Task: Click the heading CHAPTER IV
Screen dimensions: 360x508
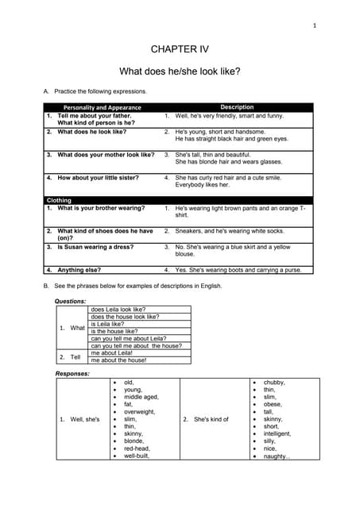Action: (179, 49)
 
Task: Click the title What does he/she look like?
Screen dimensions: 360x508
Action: (180, 71)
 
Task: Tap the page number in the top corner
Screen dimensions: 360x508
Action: (315, 26)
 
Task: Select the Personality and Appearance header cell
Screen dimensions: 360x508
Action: (102, 107)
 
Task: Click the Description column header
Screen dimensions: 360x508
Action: (237, 107)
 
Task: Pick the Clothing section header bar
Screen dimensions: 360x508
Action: (60, 201)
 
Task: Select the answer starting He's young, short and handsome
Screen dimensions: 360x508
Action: (220, 132)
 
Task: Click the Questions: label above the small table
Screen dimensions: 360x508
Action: (70, 302)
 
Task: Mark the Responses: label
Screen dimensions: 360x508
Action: (72, 373)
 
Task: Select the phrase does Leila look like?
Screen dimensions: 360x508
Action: (118, 310)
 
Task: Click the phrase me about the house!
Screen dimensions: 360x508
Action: (118, 360)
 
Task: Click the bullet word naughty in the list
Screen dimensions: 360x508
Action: (277, 456)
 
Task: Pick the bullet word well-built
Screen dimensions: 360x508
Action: (137, 456)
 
